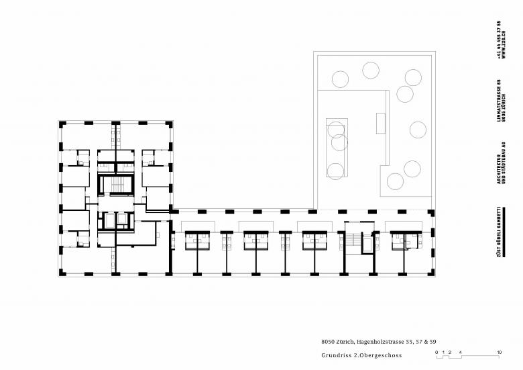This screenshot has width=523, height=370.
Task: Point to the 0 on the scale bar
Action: coord(436,353)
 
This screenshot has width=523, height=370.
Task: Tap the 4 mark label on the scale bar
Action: coord(461,353)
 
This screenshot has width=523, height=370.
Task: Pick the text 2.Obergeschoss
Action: coord(375,355)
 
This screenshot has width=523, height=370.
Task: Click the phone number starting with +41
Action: coord(498,40)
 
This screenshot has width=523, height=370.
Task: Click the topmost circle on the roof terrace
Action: coord(371,69)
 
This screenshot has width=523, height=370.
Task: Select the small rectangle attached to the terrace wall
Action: coord(382,124)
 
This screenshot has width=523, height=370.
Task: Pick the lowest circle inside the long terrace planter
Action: coord(337,169)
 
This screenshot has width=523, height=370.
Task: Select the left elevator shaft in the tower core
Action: coord(107,219)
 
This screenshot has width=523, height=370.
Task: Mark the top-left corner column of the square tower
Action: coord(62,124)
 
